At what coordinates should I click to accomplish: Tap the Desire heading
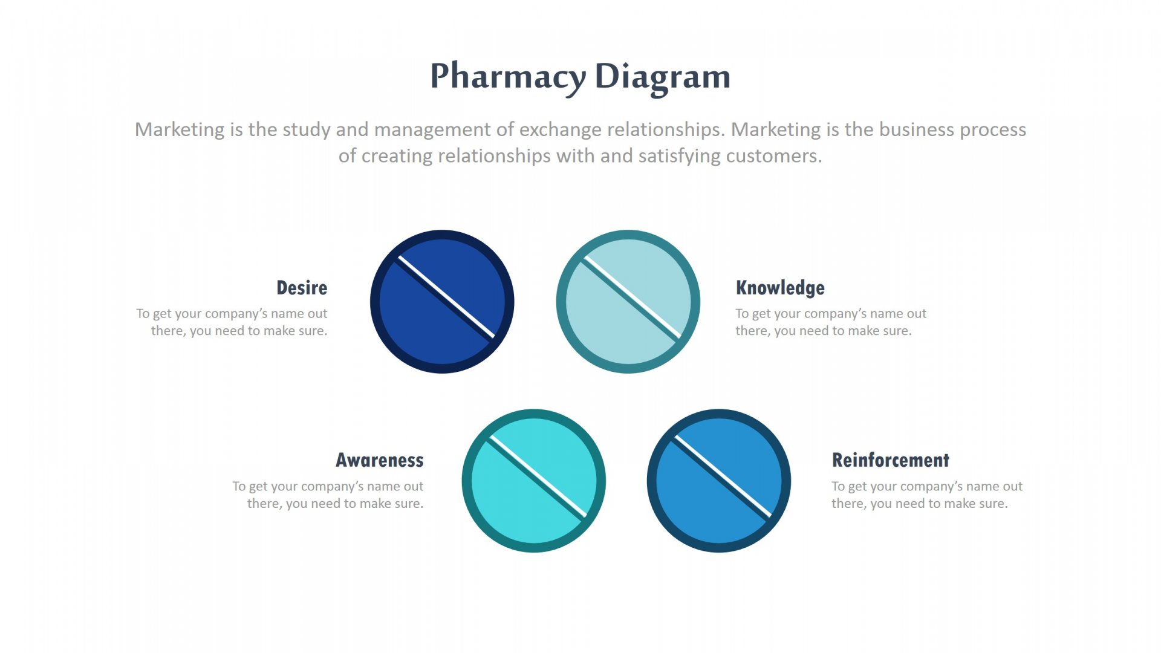301,288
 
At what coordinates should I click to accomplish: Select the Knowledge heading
779,288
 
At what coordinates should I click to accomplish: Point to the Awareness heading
379,460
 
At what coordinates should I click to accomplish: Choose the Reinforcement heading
890,460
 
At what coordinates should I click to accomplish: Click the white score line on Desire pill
446,297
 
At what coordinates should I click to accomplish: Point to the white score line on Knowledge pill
633,297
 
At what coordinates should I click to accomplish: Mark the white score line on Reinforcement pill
723,476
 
